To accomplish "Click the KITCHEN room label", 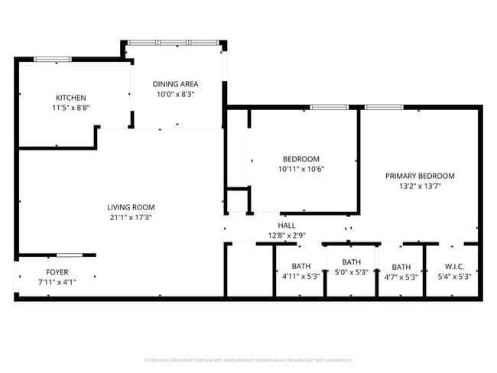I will [x=70, y=97].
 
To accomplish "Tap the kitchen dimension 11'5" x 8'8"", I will [x=70, y=109].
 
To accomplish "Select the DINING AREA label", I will [x=175, y=84].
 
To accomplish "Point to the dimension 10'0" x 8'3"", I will [x=175, y=95].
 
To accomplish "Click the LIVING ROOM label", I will [x=131, y=207].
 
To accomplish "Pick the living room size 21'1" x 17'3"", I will [x=131, y=218].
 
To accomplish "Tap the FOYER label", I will [x=57, y=271].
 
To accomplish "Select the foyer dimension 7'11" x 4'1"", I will [x=57, y=281].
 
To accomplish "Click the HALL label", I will [x=287, y=225].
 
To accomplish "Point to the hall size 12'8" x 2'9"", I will [x=287, y=235].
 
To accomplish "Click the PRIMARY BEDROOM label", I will [x=420, y=175].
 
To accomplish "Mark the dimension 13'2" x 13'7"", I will [x=420, y=186].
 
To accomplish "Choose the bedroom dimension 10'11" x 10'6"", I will [x=300, y=170].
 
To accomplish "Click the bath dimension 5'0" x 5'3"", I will [x=351, y=272].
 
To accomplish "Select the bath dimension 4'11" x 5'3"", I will [x=300, y=277].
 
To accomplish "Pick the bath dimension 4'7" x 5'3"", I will [x=401, y=277].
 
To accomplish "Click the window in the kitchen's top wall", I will [x=53, y=59].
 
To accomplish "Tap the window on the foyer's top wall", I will [x=68, y=255].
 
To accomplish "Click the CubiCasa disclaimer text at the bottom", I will [x=248, y=359].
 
